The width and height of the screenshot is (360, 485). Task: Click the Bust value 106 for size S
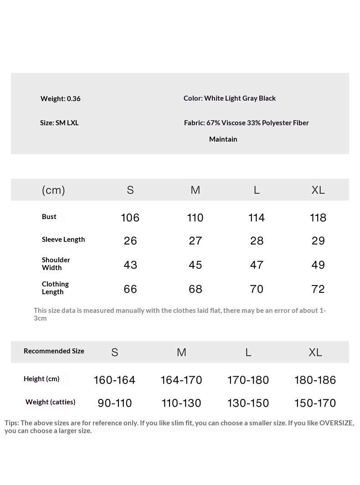[x=130, y=218]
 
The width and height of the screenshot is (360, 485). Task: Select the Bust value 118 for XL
[x=318, y=218]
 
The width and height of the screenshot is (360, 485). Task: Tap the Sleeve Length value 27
[x=195, y=241]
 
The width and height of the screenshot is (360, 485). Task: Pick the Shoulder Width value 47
[x=257, y=265]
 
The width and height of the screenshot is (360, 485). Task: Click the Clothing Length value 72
[x=318, y=289]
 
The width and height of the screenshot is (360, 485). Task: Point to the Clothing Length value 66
[x=130, y=289]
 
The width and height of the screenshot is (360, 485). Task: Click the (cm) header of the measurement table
[x=53, y=190]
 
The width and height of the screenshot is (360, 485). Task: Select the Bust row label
[x=49, y=217]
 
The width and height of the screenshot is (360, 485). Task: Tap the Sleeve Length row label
[x=63, y=240]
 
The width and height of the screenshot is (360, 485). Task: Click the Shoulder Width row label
[x=56, y=264]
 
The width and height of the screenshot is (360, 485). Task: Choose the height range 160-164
[x=114, y=380]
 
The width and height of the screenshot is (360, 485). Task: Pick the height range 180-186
[x=315, y=380]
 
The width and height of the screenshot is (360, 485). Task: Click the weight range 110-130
[x=181, y=403]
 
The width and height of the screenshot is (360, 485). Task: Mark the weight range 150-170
[x=315, y=403]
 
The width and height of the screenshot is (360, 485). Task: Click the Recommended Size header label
[x=54, y=351]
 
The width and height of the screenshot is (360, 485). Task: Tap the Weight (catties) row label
[x=51, y=402]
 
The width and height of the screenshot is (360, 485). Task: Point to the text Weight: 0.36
[x=61, y=99]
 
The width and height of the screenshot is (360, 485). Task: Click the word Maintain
[x=223, y=139]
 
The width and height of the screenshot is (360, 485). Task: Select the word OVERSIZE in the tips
[x=336, y=423]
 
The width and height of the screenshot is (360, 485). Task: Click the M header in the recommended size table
[x=181, y=352]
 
